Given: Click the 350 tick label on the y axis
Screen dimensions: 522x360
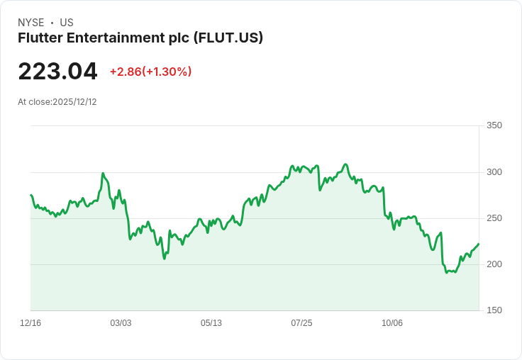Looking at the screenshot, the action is click(494, 125).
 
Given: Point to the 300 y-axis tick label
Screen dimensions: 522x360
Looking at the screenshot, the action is click(494, 172).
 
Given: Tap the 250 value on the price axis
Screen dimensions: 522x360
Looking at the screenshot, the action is click(494, 218).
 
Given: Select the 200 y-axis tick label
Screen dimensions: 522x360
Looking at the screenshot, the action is click(494, 264).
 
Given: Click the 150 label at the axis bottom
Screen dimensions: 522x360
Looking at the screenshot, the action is click(494, 310).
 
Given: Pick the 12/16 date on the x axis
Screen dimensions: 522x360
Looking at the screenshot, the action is click(30, 323).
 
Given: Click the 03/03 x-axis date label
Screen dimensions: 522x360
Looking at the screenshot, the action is click(121, 323).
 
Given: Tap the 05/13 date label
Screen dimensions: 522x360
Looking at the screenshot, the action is click(211, 323).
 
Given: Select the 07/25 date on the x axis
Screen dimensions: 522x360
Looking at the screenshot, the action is click(301, 323).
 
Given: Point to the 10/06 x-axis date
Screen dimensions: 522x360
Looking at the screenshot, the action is click(391, 323).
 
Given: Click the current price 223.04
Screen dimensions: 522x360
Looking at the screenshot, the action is click(57, 72).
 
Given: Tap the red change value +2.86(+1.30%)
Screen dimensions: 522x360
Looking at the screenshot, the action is click(151, 72).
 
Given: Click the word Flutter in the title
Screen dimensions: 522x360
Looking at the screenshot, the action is click(40, 38).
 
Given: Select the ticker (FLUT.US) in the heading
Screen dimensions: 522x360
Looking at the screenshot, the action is click(228, 38).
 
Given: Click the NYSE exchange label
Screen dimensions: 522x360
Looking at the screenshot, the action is click(31, 23).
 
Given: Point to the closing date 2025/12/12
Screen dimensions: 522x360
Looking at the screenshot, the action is click(74, 102).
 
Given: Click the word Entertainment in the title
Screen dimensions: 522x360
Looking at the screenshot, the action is click(116, 38).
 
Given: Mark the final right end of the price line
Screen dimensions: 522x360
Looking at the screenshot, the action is click(479, 244).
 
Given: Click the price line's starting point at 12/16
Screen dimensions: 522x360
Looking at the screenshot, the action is click(31, 195).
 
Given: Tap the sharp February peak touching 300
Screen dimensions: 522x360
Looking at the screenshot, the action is click(103, 173).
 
